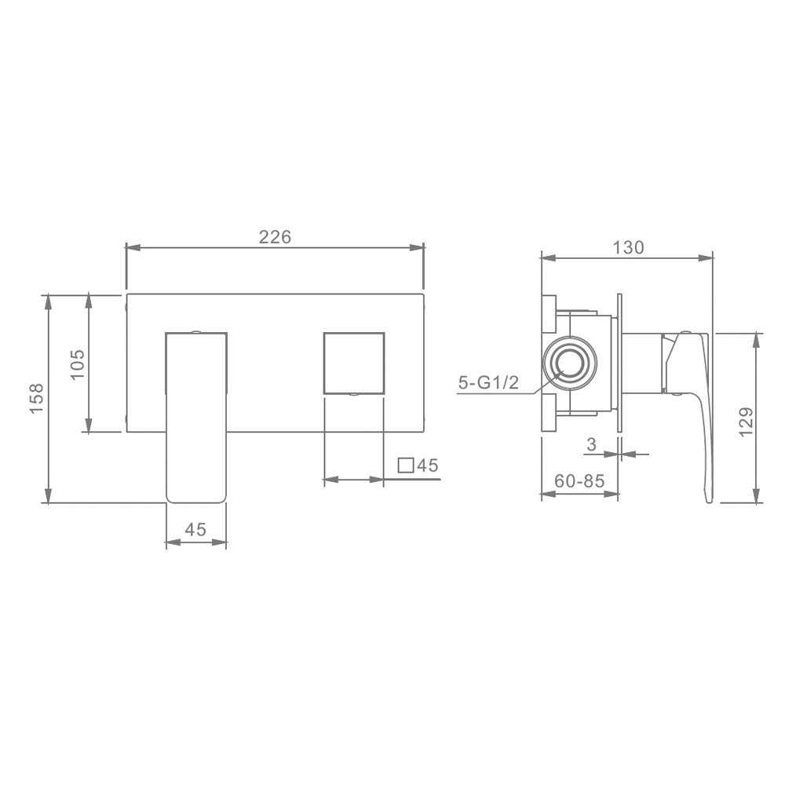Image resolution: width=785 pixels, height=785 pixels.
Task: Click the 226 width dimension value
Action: [x=275, y=237]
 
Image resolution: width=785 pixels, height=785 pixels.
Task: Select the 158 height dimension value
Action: [x=37, y=399]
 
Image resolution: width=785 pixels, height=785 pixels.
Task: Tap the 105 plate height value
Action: [x=78, y=364]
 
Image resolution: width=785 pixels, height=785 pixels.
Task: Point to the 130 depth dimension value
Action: [x=628, y=247]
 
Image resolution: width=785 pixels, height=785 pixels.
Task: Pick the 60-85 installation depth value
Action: [x=580, y=481]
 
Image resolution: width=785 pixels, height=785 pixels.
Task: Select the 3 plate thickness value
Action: [x=592, y=444]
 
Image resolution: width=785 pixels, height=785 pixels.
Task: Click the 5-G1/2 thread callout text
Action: [x=488, y=383]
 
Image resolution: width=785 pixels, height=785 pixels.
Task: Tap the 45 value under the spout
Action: [x=195, y=529]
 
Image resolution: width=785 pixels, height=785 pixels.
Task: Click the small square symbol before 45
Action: [x=406, y=466]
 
